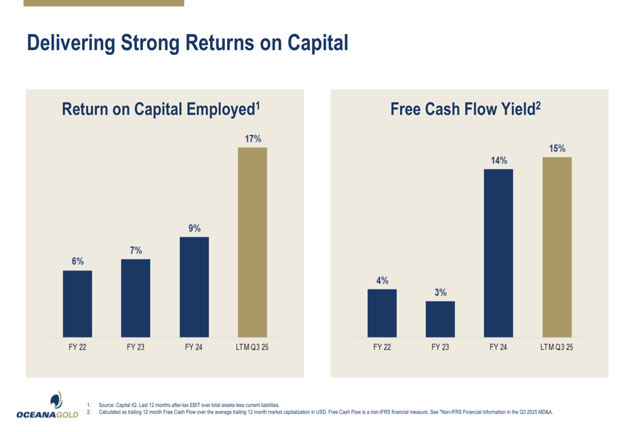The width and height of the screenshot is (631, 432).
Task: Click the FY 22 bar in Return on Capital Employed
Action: tap(78, 303)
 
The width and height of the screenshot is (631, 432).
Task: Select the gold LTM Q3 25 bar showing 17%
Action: tap(252, 242)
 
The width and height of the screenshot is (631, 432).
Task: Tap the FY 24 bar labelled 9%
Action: tap(194, 287)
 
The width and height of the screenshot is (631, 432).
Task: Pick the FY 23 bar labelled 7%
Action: tap(136, 298)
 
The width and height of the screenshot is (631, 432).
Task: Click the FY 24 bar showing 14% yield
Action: tap(498, 253)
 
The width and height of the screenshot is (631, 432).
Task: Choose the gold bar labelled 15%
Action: tap(557, 247)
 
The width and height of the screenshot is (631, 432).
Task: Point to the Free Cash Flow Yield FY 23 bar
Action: tap(440, 319)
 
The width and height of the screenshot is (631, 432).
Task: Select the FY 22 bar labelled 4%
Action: tap(382, 313)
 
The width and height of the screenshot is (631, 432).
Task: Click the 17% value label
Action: tap(253, 139)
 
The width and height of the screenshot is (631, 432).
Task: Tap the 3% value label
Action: tap(440, 293)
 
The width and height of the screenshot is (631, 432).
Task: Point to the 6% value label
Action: tap(78, 261)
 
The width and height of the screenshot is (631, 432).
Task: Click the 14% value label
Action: tap(499, 160)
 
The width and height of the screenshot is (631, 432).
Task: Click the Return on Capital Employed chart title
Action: tap(161, 109)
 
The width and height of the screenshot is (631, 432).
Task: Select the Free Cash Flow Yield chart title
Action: tap(466, 109)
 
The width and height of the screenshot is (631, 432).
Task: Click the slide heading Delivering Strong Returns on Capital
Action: tap(187, 43)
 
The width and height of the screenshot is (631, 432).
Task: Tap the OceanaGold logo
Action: tap(48, 406)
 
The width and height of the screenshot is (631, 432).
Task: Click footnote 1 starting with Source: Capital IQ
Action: tap(189, 405)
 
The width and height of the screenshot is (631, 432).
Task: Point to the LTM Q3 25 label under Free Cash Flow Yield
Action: tap(557, 347)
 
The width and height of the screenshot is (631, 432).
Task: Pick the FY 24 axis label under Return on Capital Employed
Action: tap(194, 347)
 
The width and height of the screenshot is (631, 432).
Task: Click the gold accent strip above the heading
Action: tap(103, 3)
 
